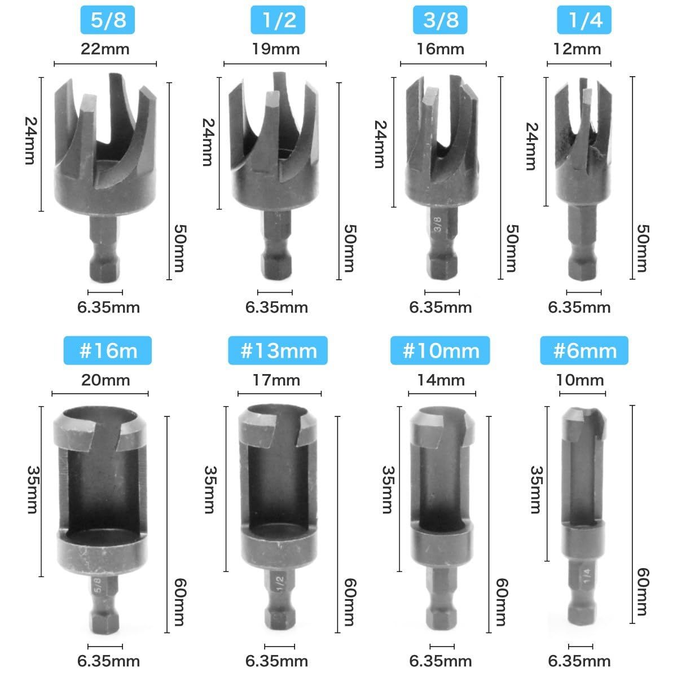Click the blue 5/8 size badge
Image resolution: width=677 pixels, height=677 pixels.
[x=108, y=20]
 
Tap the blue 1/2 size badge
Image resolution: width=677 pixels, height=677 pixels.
[x=278, y=20]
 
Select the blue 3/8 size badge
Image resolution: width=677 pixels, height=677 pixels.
[x=440, y=20]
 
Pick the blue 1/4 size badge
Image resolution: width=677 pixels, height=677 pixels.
[x=584, y=20]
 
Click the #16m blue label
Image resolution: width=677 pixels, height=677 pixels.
[x=108, y=350]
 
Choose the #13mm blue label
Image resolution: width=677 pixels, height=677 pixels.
[x=278, y=350]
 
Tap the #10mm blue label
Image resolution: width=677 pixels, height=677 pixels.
[x=440, y=350]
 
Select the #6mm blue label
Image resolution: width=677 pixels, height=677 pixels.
[x=584, y=350]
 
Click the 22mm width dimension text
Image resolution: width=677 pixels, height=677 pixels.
[x=105, y=49]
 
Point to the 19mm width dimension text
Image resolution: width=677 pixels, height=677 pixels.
[x=276, y=49]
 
